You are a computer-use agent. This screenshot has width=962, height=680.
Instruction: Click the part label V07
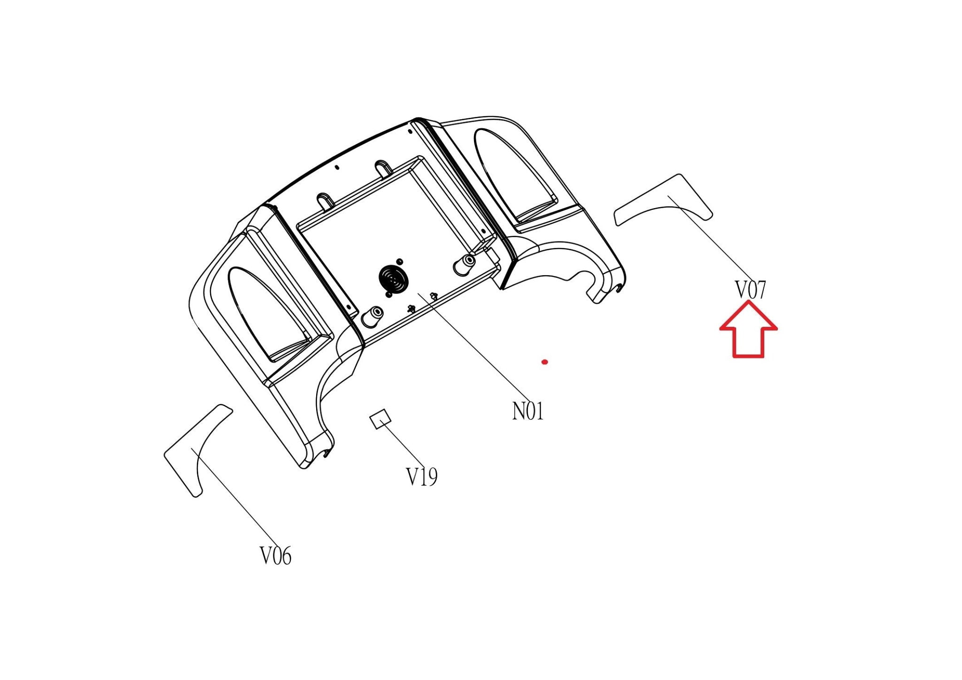750,290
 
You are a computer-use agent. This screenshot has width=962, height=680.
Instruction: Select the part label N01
528,411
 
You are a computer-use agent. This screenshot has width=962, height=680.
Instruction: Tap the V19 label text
422,477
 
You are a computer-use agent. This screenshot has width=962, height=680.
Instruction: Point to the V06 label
276,556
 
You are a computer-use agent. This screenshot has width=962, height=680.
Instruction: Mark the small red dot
544,362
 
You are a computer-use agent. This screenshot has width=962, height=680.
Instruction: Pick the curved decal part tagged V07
663,200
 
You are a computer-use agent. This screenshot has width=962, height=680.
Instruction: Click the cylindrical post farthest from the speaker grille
464,265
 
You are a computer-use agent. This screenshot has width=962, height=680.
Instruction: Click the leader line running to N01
474,348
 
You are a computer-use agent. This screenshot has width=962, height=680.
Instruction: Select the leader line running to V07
709,239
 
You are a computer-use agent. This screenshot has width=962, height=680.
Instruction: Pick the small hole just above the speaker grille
400,261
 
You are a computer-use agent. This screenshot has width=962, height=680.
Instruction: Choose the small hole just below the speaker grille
388,295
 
